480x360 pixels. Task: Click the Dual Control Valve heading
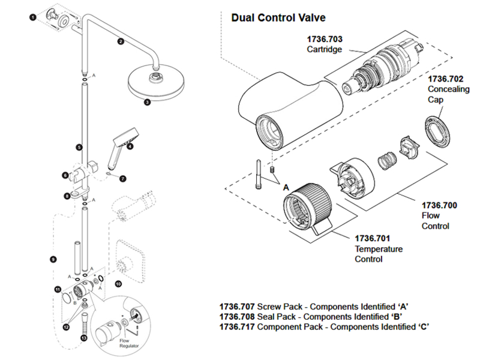click(x=278, y=18)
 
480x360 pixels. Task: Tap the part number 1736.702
click(x=445, y=79)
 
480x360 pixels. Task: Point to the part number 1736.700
click(x=439, y=205)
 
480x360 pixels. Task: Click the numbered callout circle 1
click(x=32, y=18)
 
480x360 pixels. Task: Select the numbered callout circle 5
click(x=79, y=147)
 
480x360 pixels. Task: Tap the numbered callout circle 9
click(x=53, y=259)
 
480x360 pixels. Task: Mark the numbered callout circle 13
click(x=83, y=339)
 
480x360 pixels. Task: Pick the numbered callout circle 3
click(x=146, y=102)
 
